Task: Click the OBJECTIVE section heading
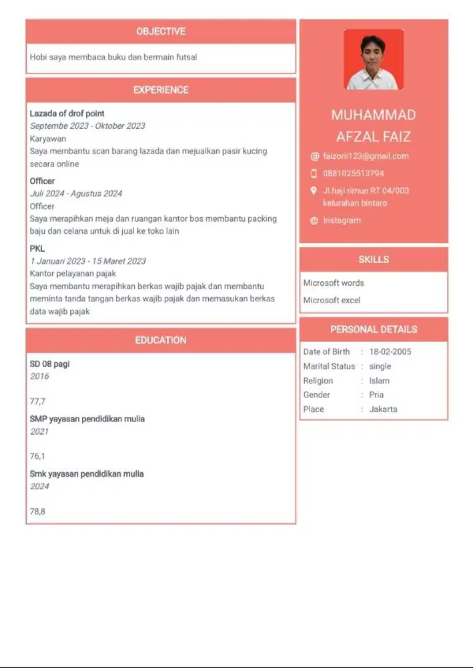[x=161, y=31]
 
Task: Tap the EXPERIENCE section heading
[x=161, y=90]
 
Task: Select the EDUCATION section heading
[x=161, y=340]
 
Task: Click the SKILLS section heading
[x=374, y=259]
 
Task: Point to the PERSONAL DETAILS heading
[x=374, y=329]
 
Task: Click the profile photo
[x=374, y=59]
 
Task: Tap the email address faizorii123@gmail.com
[x=366, y=156]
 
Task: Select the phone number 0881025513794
[x=354, y=173]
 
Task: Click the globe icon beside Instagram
[x=314, y=221]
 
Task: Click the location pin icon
[x=314, y=190]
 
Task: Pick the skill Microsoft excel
[x=332, y=301]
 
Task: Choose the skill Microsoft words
[x=334, y=283]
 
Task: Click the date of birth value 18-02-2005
[x=390, y=352]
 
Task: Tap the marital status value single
[x=380, y=367]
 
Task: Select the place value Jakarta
[x=383, y=409]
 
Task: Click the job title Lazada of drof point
[x=67, y=114]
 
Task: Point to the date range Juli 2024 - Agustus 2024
[x=76, y=194]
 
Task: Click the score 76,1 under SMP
[x=37, y=456]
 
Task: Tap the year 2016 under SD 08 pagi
[x=39, y=377]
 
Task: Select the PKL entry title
[x=37, y=248]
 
